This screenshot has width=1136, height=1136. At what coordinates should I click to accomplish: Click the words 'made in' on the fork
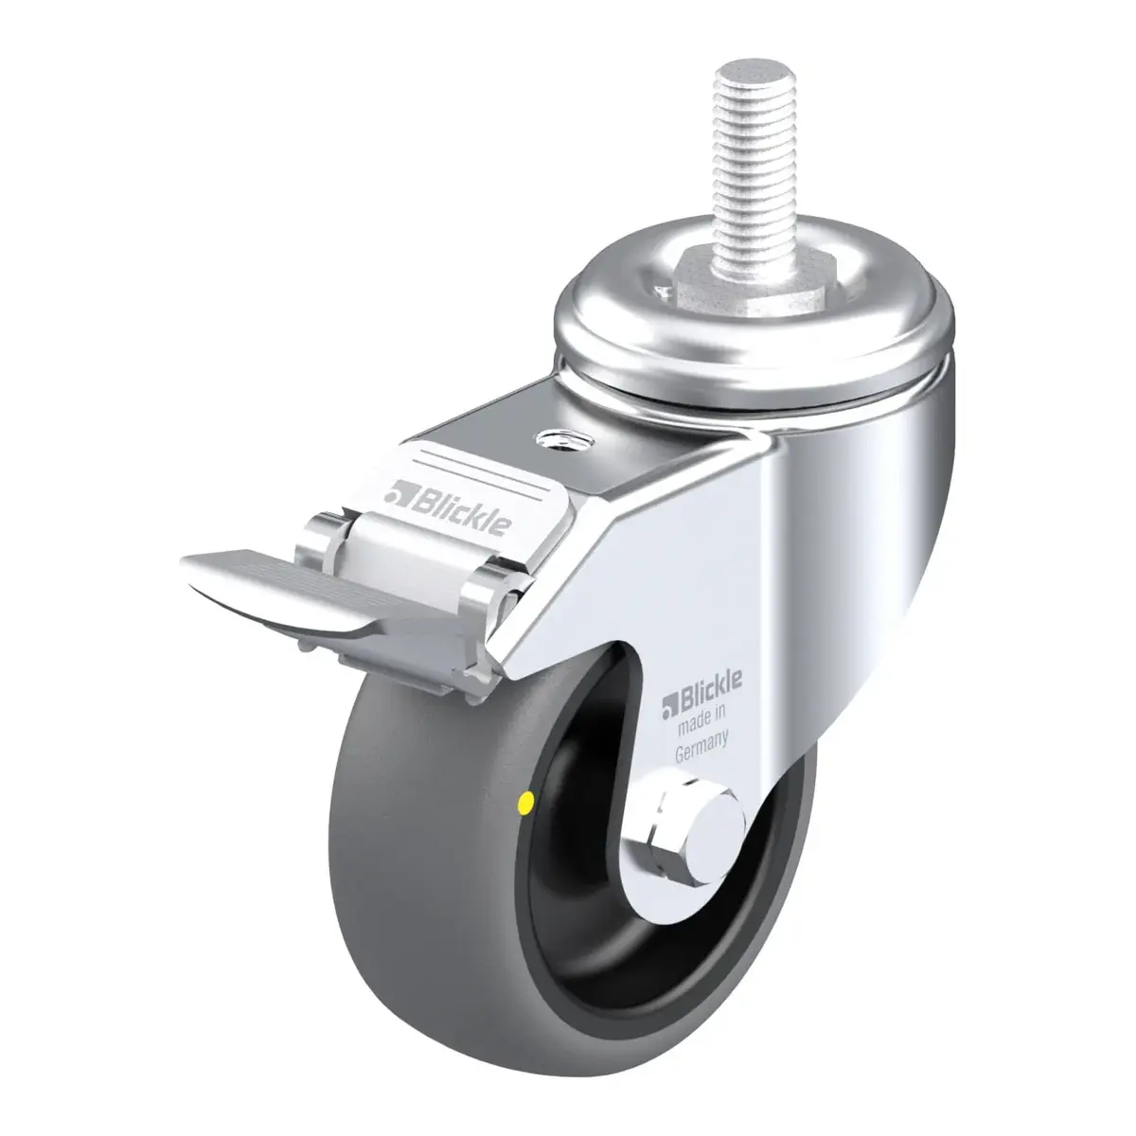[701, 722]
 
